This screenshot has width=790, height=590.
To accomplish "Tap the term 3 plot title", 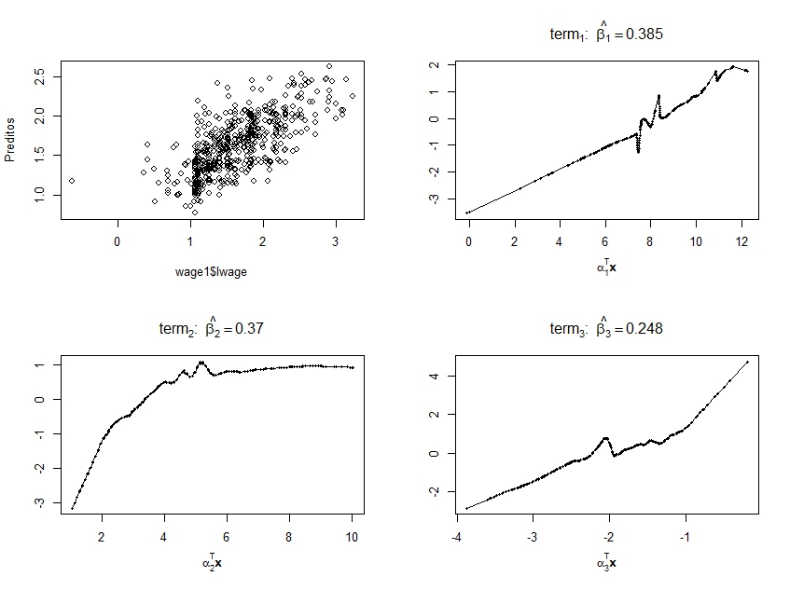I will [606, 328].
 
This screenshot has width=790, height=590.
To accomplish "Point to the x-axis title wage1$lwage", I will [212, 272].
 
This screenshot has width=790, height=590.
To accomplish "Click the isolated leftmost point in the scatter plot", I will [72, 181].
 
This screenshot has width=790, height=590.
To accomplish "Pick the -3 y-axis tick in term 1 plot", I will [433, 199].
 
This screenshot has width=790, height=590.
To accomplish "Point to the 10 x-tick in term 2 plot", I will [352, 537].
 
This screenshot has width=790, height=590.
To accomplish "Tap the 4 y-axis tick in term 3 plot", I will [433, 376].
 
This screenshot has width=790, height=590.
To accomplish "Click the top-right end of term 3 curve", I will [748, 362].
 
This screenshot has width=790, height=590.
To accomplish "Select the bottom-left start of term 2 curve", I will [72, 508].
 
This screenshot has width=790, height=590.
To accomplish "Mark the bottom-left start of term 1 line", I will [467, 213].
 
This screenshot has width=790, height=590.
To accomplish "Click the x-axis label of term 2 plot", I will [212, 562].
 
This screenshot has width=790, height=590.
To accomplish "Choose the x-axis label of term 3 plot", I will [606, 562].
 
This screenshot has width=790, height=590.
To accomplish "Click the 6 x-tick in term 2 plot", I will [227, 537].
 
